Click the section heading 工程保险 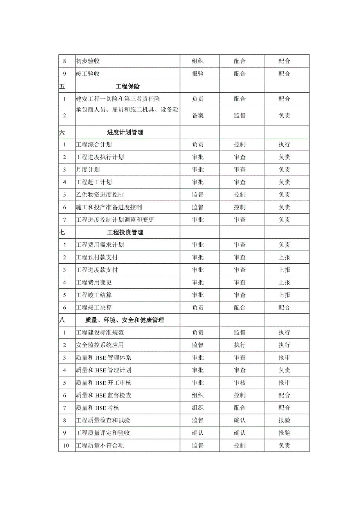pyautogui.click(x=128, y=86)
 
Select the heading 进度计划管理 pyautogui.click(x=125, y=132)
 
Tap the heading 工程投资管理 pyautogui.click(x=125, y=232)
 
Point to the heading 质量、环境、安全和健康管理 pyautogui.click(x=125, y=320)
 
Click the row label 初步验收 pyautogui.click(x=88, y=61)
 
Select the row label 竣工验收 pyautogui.click(x=88, y=74)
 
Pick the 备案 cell pyautogui.click(x=198, y=115)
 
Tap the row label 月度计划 pyautogui.click(x=88, y=170)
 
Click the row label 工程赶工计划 pyautogui.click(x=94, y=182)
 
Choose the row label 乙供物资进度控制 pyautogui.click(x=100, y=195)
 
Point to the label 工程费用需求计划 pyautogui.click(x=100, y=245)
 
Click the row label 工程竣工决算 pyautogui.click(x=94, y=308)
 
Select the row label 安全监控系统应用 pyautogui.click(x=100, y=345)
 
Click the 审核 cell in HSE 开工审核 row pyautogui.click(x=240, y=383)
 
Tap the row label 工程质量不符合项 pyautogui.click(x=100, y=445)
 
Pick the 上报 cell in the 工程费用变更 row pyautogui.click(x=284, y=282)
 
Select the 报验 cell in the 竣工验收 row pyautogui.click(x=198, y=74)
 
